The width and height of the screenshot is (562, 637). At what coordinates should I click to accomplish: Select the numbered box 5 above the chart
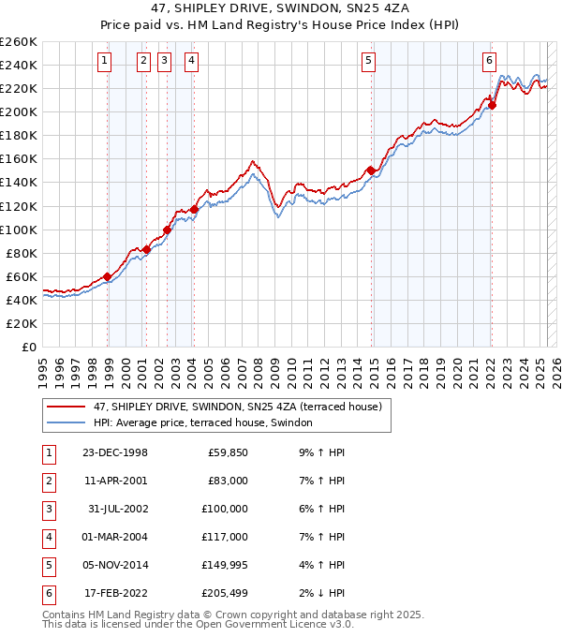(x=368, y=61)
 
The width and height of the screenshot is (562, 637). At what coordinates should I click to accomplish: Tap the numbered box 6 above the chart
(x=489, y=61)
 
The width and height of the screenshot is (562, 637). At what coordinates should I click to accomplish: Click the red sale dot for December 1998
(x=108, y=276)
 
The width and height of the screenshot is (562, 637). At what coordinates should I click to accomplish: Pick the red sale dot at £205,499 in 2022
(x=492, y=105)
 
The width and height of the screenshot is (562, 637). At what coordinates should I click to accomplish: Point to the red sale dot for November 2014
(x=371, y=170)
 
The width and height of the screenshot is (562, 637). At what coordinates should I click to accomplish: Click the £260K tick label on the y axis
(x=18, y=42)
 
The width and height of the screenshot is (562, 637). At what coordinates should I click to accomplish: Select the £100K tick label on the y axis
(x=18, y=230)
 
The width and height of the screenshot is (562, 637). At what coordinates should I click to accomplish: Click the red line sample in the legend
(x=66, y=407)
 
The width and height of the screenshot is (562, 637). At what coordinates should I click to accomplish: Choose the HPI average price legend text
(x=202, y=423)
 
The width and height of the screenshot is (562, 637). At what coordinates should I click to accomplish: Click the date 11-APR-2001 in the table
(x=114, y=481)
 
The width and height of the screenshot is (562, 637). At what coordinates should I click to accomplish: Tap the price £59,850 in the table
(x=225, y=452)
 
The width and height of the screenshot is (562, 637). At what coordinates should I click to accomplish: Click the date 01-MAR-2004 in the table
(x=114, y=537)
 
